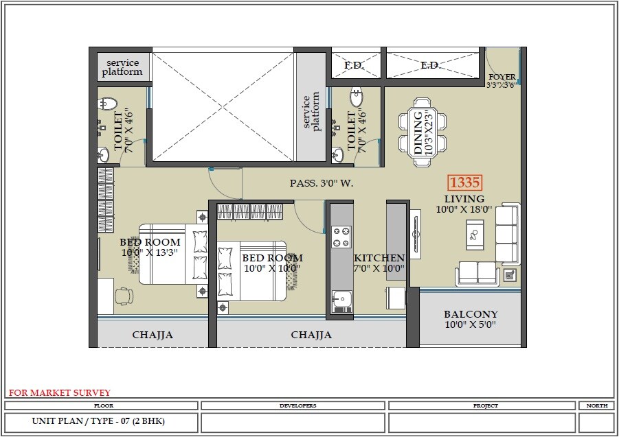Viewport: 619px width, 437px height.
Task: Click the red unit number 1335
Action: click(464, 183)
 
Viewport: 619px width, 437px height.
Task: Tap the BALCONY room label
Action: click(471, 314)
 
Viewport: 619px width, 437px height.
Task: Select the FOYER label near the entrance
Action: click(501, 77)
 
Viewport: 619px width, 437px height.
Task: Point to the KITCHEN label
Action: click(379, 258)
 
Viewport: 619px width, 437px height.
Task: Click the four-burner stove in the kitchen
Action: click(341, 237)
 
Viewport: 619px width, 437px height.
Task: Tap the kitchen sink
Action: click(341, 300)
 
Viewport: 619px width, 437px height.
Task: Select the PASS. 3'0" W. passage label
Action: click(322, 184)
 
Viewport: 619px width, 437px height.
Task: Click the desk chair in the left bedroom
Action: click(122, 296)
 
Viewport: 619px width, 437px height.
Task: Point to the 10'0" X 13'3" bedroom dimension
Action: click(150, 252)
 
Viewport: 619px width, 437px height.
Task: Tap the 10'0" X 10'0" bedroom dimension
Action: click(272, 268)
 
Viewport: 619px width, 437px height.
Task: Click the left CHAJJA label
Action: click(152, 335)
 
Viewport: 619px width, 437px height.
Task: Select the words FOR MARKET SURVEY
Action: click(59, 393)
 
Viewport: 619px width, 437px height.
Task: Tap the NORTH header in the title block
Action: click(596, 405)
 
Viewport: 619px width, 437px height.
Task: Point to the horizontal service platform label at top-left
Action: click(122, 67)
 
